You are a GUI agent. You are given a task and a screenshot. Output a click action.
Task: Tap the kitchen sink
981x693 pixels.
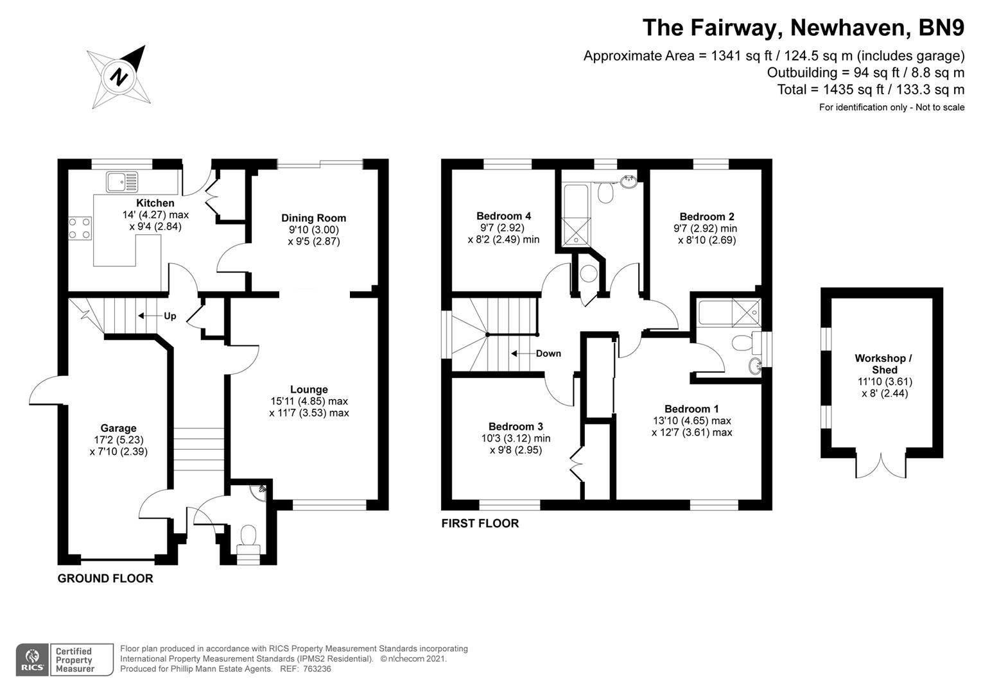click(122, 182)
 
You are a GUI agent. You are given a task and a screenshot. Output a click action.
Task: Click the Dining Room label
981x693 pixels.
click(313, 218)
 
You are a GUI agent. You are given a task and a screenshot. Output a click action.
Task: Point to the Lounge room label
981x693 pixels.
click(309, 389)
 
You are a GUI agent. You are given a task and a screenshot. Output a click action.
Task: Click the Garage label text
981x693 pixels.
click(118, 428)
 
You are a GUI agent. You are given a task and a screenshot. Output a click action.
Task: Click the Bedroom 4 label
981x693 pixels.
click(503, 216)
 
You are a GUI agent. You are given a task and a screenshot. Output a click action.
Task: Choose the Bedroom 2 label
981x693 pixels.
click(707, 217)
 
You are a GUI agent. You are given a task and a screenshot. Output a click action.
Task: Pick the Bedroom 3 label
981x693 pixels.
click(516, 427)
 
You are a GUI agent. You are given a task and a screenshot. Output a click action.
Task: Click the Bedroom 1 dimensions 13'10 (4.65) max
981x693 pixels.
click(691, 421)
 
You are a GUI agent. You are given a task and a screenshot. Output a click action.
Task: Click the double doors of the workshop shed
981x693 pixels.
click(882, 465)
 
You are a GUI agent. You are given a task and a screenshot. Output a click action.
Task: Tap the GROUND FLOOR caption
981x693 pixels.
click(105, 579)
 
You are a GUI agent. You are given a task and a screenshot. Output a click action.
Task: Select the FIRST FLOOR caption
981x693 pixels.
click(480, 524)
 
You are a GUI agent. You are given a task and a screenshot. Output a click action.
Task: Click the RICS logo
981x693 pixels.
click(31, 660)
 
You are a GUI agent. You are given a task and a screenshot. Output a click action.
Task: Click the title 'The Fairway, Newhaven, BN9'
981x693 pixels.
click(803, 28)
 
